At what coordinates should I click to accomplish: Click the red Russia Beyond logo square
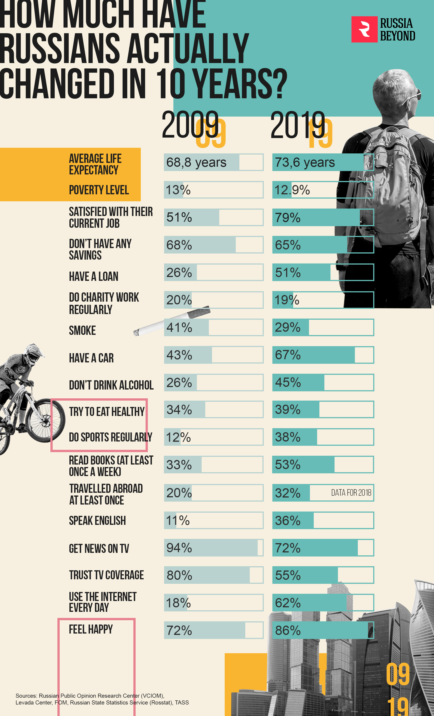pos(364,29)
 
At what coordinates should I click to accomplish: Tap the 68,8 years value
pos(196,162)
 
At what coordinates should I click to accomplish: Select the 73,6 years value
pos(305,162)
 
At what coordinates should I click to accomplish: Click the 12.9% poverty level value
pos(292,190)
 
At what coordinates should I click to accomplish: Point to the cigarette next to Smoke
pos(172,321)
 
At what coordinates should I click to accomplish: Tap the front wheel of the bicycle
pos(47,420)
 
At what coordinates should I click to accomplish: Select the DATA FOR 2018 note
pos(351,493)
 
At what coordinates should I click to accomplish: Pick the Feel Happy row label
pos(91,629)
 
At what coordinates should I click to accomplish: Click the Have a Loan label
pos(94,276)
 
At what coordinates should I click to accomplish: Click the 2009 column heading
pos(190,125)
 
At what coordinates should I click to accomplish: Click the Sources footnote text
pos(102,699)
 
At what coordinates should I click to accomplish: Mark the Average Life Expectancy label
pos(95,164)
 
